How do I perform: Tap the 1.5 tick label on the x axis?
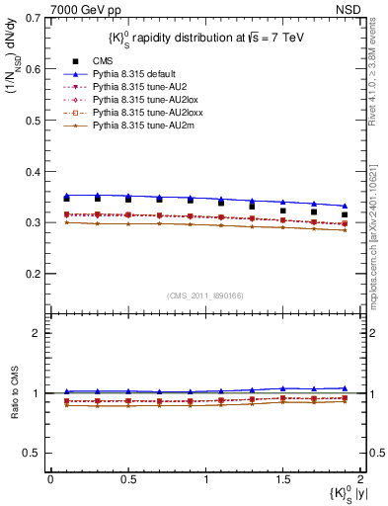pyautogui.click(x=283, y=479)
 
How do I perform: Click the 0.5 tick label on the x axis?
pyautogui.click(x=127, y=479)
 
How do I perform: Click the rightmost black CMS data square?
pyautogui.click(x=345, y=214)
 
